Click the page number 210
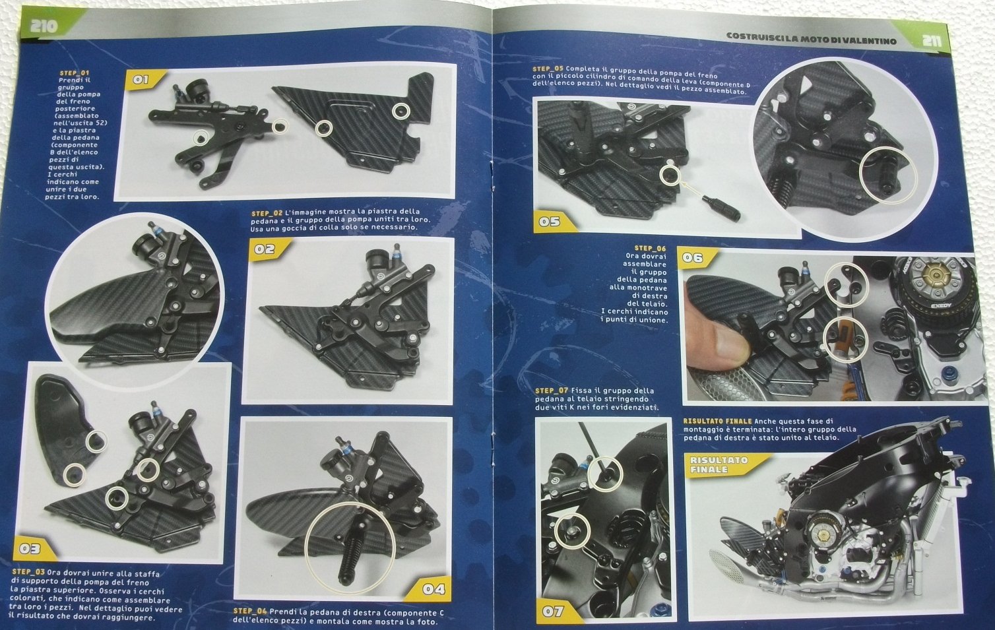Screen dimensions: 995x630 click(x=44, y=26)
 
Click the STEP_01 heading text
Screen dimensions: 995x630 click(x=75, y=73)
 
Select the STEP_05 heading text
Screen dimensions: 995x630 click(x=548, y=69)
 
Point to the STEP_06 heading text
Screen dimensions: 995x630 click(x=651, y=249)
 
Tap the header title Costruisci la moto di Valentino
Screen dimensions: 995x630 click(x=810, y=38)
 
